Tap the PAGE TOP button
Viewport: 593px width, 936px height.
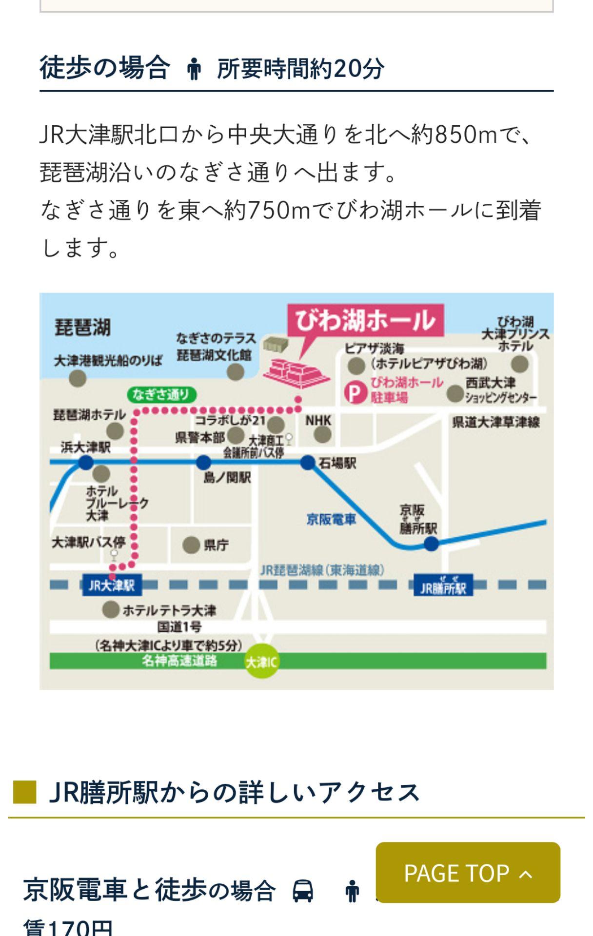pyautogui.click(x=468, y=873)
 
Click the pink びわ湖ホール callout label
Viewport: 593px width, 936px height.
pyautogui.click(x=365, y=321)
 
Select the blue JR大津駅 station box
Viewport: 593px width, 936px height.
pyautogui.click(x=112, y=585)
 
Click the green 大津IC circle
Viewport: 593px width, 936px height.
pyautogui.click(x=262, y=662)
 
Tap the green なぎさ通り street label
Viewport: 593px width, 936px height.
pyautogui.click(x=161, y=394)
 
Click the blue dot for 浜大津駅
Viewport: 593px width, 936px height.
pyautogui.click(x=86, y=462)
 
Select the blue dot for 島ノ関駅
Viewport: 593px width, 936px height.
pyautogui.click(x=203, y=462)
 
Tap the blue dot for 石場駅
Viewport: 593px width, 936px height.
pyautogui.click(x=308, y=462)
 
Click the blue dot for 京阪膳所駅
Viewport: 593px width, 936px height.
pyautogui.click(x=431, y=544)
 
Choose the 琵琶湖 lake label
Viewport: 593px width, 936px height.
pyautogui.click(x=82, y=328)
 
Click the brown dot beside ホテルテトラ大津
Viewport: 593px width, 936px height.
pyautogui.click(x=111, y=609)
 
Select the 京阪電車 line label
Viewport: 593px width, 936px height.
pyautogui.click(x=331, y=520)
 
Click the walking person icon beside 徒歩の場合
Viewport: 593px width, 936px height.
pyautogui.click(x=194, y=69)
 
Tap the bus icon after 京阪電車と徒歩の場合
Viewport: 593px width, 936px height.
pyautogui.click(x=302, y=891)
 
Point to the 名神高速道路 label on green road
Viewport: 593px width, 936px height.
pyautogui.click(x=179, y=661)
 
